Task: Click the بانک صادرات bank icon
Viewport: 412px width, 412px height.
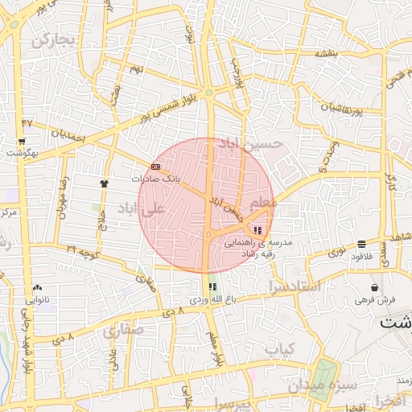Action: click(x=155, y=167)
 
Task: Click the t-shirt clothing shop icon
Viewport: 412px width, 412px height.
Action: click(x=104, y=183)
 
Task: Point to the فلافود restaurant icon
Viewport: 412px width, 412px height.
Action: click(x=361, y=243)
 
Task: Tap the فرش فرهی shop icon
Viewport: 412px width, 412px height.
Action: click(x=374, y=287)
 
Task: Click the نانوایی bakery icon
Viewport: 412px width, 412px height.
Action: click(x=37, y=287)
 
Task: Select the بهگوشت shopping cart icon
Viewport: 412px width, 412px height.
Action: click(x=19, y=140)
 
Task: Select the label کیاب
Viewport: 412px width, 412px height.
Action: click(x=282, y=349)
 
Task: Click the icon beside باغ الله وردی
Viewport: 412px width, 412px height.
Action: click(x=212, y=286)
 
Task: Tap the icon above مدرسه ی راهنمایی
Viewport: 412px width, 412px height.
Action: click(x=257, y=231)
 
